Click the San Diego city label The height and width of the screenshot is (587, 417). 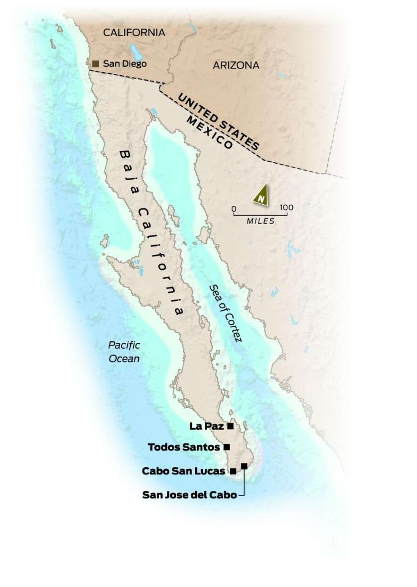point(124,64)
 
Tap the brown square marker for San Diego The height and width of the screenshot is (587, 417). point(96,64)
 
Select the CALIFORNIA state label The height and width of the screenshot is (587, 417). point(134,33)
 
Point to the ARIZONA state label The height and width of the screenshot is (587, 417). point(236,65)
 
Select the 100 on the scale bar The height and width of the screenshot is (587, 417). point(286,208)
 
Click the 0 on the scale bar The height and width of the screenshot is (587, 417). point(234,209)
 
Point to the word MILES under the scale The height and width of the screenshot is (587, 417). point(260,221)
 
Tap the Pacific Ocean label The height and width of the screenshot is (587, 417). point(124,352)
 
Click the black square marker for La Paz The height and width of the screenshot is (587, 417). point(230,426)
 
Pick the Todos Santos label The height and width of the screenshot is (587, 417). point(184,447)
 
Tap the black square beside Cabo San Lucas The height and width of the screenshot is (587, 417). point(233,471)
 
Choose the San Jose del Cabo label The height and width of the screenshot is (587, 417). point(189,495)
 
